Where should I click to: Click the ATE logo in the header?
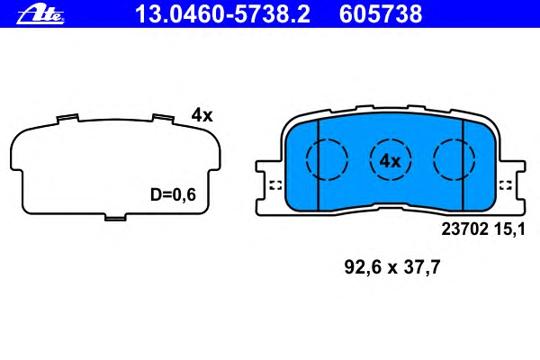coord(40,15)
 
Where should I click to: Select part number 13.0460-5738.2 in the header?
coord(222,14)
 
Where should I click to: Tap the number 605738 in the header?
coord(381,14)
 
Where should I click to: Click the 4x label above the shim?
coord(202,115)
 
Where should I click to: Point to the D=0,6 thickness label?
coord(173,194)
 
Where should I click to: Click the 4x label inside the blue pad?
coord(391,161)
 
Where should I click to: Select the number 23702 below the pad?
coord(465,229)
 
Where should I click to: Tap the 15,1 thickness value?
coord(509,229)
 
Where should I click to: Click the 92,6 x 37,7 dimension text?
coord(391,267)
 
